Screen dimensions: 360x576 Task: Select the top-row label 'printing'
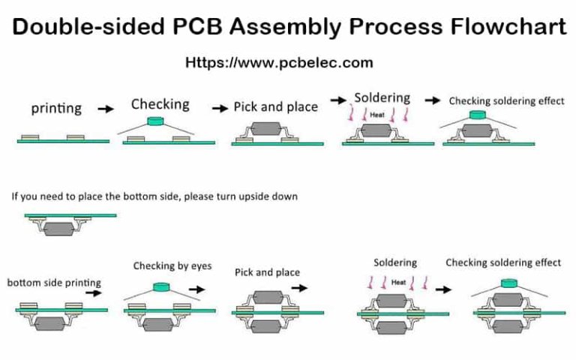click(x=56, y=108)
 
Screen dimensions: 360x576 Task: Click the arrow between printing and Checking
click(x=106, y=109)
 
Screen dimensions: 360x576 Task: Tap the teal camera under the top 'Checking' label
click(x=157, y=120)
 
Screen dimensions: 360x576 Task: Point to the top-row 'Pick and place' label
click(x=275, y=106)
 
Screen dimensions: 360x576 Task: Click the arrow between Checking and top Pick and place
click(x=220, y=109)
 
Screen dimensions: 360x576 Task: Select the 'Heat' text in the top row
click(x=377, y=115)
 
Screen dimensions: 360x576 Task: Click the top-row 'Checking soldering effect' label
click(x=506, y=100)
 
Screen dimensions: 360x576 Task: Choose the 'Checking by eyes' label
click(x=172, y=265)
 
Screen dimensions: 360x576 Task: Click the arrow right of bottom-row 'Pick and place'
click(x=299, y=287)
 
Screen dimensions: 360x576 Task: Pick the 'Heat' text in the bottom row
click(x=398, y=282)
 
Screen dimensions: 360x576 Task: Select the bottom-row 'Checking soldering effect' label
click(x=503, y=262)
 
